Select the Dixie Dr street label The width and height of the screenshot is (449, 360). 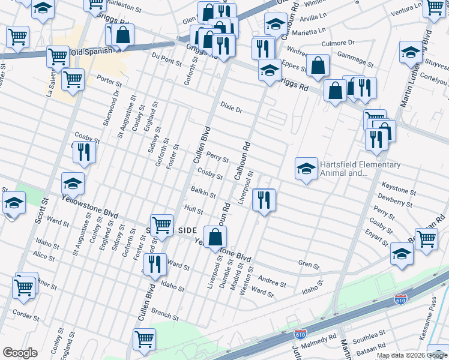(x=231, y=110)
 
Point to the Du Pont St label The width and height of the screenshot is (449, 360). (x=166, y=58)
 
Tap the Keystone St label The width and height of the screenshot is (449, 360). (x=399, y=191)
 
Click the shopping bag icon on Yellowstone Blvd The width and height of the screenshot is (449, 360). (x=215, y=237)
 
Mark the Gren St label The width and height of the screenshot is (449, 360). (x=309, y=263)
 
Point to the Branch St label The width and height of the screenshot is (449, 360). (x=165, y=314)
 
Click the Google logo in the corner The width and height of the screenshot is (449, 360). (x=20, y=352)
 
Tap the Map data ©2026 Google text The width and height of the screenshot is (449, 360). (x=411, y=355)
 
